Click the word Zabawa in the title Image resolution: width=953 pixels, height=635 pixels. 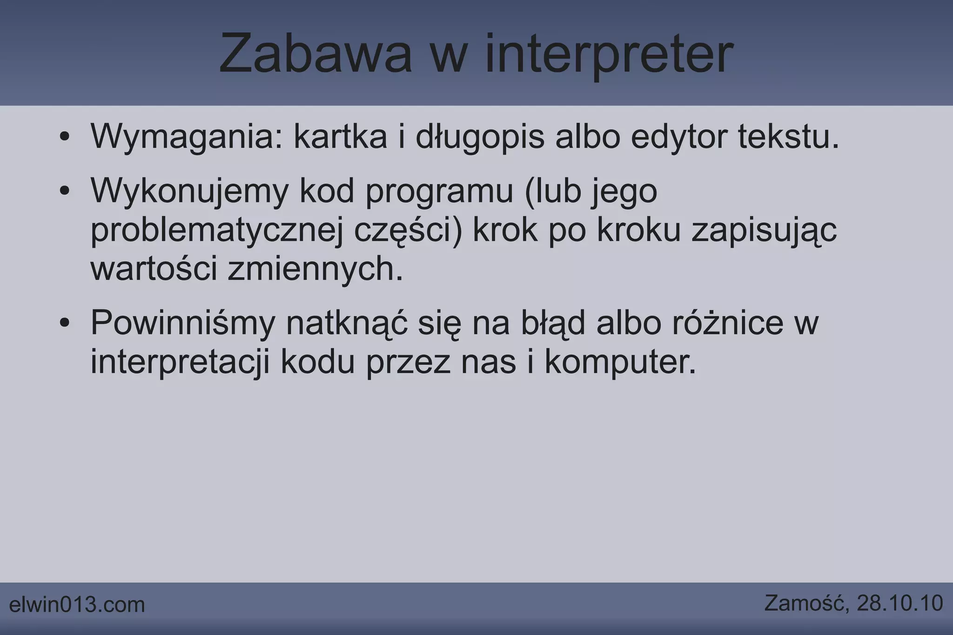pyautogui.click(x=315, y=54)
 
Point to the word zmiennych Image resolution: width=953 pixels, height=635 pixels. pyautogui.click(x=315, y=269)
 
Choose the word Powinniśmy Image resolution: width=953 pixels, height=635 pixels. pyautogui.click(x=183, y=323)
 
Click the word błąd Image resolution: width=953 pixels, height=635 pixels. pyautogui.click(x=553, y=323)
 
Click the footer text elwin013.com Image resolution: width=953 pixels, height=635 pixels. pyautogui.click(x=77, y=605)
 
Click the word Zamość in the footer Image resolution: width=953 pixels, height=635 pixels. pyautogui.click(x=805, y=603)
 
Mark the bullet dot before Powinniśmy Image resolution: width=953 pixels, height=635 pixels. pyautogui.click(x=65, y=323)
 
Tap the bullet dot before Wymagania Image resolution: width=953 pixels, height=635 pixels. pyautogui.click(x=65, y=137)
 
